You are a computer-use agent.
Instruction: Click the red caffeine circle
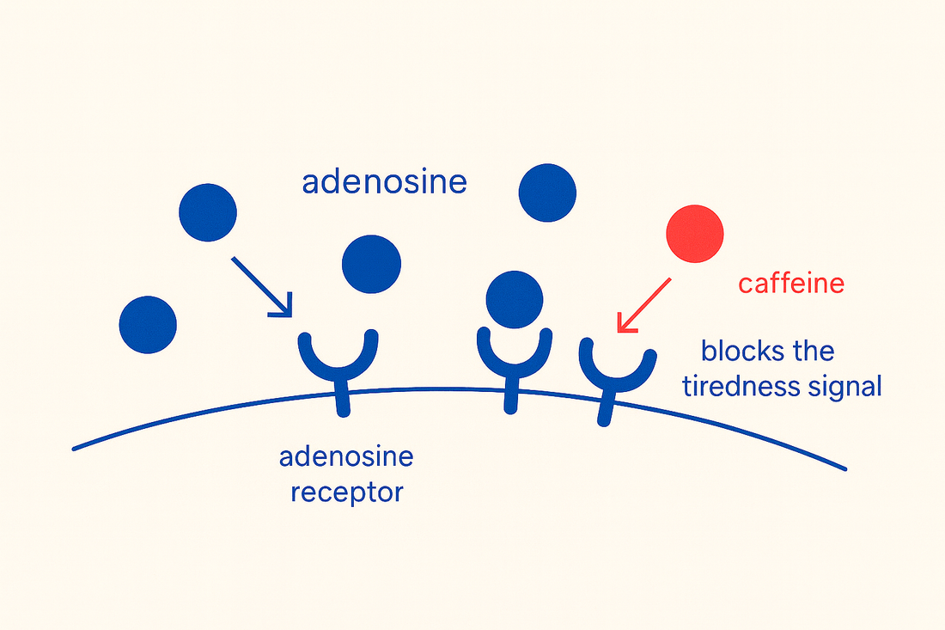[695, 233]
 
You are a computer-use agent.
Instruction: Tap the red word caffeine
[791, 283]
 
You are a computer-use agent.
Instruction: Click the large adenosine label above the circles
[384, 182]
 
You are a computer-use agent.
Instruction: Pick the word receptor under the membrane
[346, 493]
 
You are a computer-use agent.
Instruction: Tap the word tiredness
[737, 387]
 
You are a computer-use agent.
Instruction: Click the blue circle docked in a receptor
[515, 299]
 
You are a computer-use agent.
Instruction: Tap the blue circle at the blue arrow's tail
[208, 211]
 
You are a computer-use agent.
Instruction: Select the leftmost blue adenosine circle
[148, 325]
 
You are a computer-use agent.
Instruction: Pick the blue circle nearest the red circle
[547, 193]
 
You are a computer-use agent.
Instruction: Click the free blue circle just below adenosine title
[371, 265]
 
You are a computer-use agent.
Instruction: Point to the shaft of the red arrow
[649, 300]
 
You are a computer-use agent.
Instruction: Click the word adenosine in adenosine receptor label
[346, 456]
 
